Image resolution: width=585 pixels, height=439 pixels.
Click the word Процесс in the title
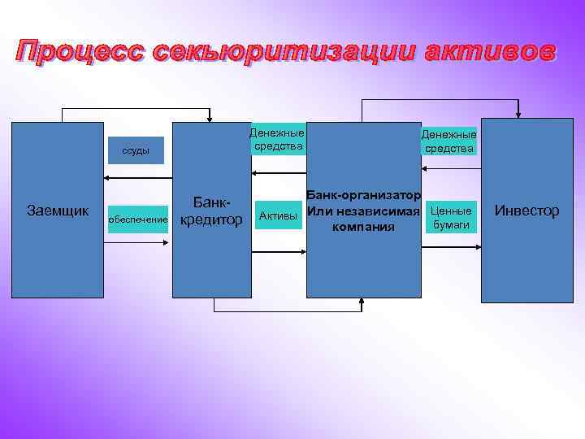pos(70,51)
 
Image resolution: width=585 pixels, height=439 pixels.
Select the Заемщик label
pos(58,211)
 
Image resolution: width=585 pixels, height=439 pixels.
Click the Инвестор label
pos(527,211)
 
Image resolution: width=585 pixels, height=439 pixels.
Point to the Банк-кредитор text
pos(211,211)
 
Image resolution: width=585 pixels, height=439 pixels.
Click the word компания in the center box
pos(363,227)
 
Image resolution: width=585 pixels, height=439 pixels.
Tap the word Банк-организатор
pos(363,196)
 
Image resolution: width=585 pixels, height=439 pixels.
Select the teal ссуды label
pos(136,150)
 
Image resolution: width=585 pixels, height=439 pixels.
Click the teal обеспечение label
pos(137,219)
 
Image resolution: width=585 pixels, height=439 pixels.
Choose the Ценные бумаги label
pos(450,217)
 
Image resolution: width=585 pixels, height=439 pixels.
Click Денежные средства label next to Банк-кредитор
pos(277,139)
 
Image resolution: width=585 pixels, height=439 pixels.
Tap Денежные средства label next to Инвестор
pos(449,141)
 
